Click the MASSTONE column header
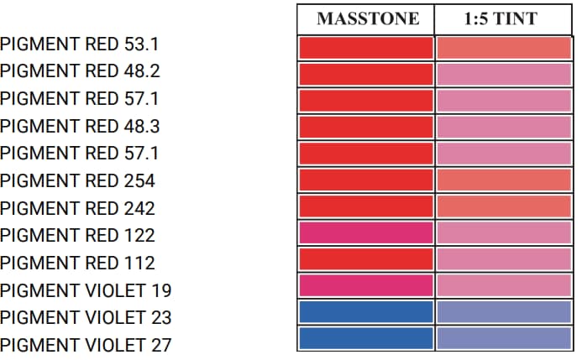pyautogui.click(x=367, y=19)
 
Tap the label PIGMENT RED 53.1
pyautogui.click(x=80, y=44)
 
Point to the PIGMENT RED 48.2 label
pyautogui.click(x=80, y=70)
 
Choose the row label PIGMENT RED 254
pyautogui.click(x=77, y=180)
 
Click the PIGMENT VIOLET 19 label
pyautogui.click(x=86, y=291)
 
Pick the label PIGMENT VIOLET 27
pyautogui.click(x=86, y=345)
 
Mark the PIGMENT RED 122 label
pyautogui.click(x=77, y=235)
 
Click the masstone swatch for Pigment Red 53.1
pyautogui.click(x=366, y=47)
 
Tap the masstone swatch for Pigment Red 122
pyautogui.click(x=366, y=232)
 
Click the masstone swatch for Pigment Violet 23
pyautogui.click(x=366, y=311)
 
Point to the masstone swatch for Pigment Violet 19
pyautogui.click(x=366, y=285)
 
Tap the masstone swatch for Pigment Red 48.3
pyautogui.click(x=366, y=127)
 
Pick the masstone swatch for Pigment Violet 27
pyautogui.click(x=366, y=338)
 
